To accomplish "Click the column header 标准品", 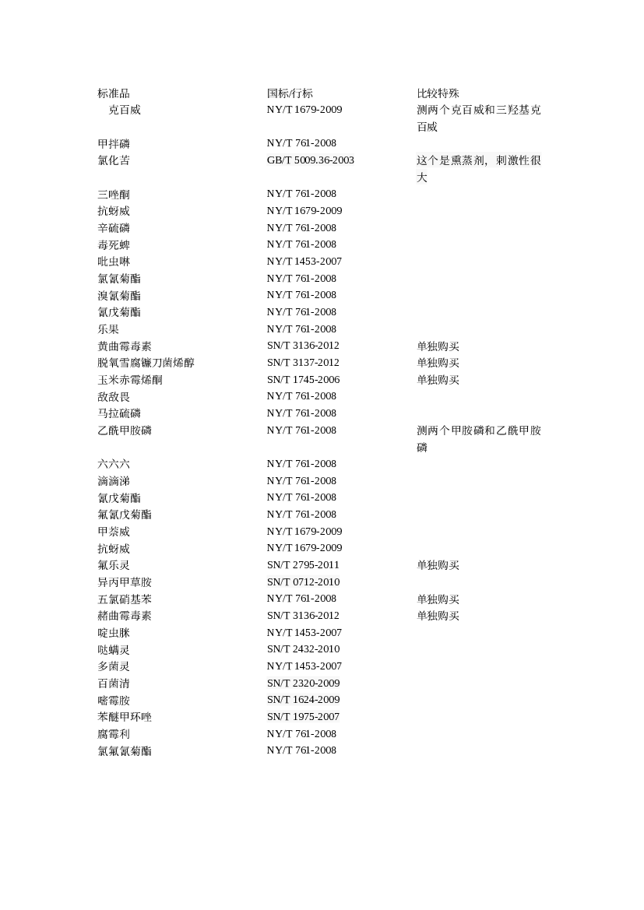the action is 113,93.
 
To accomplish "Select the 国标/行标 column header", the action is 290,93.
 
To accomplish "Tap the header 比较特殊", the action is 438,93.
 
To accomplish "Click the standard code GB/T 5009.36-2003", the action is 311,160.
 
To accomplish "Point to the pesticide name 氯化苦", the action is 113,160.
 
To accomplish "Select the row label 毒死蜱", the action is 113,245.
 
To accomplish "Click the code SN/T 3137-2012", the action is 303,363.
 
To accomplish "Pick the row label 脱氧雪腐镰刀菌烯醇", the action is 146,363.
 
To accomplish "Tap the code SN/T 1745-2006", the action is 304,380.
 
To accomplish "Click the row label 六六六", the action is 113,464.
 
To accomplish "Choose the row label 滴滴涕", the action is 113,481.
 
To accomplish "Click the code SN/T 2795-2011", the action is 303,564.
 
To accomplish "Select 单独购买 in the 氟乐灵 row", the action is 438,565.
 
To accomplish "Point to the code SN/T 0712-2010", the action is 304,582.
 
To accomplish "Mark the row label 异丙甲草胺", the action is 125,582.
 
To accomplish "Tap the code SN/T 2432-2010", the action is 304,649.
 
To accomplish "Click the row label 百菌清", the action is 113,683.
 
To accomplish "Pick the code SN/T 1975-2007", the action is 304,717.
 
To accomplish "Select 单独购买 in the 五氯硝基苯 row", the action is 438,599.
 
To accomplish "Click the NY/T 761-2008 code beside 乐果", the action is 302,329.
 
